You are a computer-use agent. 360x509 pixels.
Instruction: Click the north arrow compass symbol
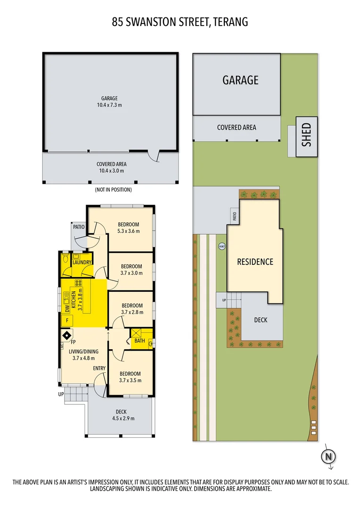coord(329,456)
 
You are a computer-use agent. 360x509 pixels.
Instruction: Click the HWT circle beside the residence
coord(221,246)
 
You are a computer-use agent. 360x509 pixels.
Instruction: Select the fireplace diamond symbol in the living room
coord(65,335)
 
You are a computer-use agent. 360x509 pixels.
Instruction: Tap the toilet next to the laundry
coord(65,260)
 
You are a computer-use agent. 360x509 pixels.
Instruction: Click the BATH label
coord(139,340)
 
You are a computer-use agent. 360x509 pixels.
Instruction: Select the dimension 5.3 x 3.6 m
coord(128,231)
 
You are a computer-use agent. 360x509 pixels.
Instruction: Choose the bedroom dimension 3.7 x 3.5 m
coord(130,380)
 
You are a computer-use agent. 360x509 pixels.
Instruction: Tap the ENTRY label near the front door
coord(99,368)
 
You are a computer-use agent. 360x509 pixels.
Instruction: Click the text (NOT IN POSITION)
coord(113,189)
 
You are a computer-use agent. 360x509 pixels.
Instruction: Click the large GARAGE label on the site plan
coord(240,80)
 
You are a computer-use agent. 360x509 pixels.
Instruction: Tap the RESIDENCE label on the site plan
coord(255,262)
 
